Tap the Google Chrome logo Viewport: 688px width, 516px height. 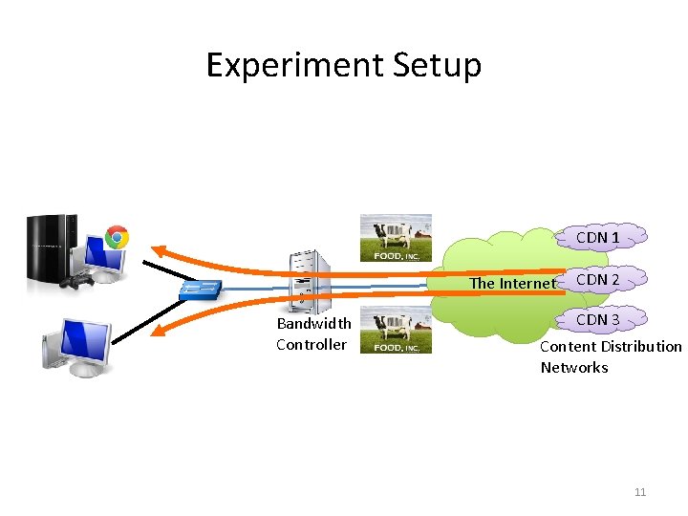pos(118,237)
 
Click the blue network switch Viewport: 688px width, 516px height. pos(202,289)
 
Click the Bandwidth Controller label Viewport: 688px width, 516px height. pos(313,334)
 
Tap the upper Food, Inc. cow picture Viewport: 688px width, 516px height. pos(395,238)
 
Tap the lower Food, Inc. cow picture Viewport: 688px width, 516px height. pos(395,331)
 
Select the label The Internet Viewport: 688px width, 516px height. pos(511,283)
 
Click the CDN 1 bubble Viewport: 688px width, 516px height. pos(598,236)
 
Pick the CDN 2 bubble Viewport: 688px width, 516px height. pos(598,279)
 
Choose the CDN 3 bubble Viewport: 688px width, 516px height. pos(598,319)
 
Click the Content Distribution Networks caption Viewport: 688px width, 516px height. pos(611,356)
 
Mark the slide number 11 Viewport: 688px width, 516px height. pos(640,492)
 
